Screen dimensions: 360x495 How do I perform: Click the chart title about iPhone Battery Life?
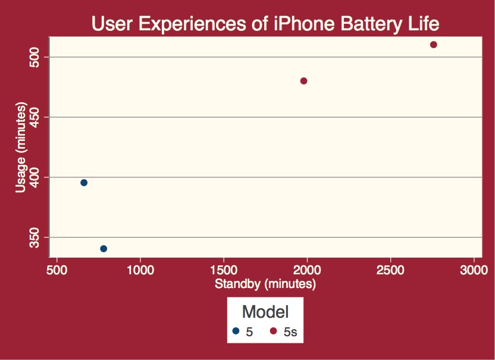point(265,24)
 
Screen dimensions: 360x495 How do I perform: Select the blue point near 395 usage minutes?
point(84,183)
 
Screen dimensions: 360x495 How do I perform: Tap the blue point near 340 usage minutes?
point(104,249)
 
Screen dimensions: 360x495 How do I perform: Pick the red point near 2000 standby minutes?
point(303,81)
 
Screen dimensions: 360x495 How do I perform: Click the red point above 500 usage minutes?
point(434,45)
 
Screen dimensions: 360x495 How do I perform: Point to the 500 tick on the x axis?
point(57,269)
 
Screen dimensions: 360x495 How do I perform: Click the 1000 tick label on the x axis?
point(140,269)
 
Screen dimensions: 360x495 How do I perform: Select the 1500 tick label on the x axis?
point(223,269)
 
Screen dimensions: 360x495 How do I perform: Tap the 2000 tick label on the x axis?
point(307,269)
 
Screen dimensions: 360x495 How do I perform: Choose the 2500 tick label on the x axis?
point(390,269)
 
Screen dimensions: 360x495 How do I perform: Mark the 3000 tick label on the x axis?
point(474,269)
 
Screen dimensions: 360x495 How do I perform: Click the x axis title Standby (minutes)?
point(265,284)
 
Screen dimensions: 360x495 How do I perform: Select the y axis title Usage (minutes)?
point(21,147)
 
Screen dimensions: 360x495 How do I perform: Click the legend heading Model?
point(265,312)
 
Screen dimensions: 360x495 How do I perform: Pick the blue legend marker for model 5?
point(236,331)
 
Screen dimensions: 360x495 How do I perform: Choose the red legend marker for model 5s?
point(274,331)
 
